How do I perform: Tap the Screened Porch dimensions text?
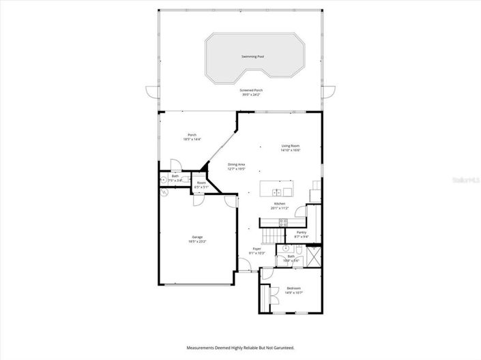(252, 95)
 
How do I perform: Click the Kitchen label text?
(279, 204)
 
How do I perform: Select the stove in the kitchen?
(283, 222)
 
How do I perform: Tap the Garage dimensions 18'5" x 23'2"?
(196, 241)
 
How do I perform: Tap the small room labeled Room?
(201, 183)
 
